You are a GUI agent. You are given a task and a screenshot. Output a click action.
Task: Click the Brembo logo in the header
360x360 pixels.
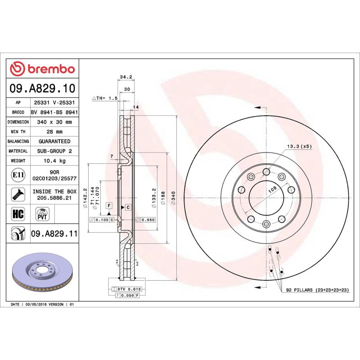coord(42,69)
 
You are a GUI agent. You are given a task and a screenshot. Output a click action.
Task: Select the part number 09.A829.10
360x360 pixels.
coord(42,88)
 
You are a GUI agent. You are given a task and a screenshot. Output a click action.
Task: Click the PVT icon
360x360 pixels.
coord(42,213)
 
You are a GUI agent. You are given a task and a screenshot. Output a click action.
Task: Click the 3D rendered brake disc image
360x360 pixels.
coord(43,274)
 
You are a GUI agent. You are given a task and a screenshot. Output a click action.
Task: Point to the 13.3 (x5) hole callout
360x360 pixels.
coord(299,147)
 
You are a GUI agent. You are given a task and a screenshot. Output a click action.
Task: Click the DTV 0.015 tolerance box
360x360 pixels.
coord(130,288)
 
